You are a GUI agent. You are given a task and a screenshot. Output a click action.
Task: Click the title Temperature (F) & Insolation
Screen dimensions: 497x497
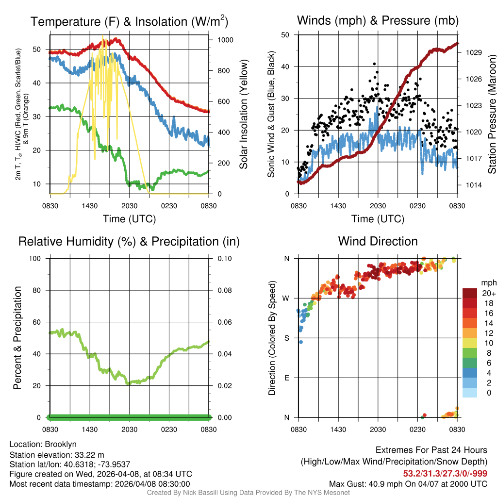point(129,21)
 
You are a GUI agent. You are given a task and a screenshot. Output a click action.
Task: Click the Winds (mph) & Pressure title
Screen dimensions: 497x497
point(378,20)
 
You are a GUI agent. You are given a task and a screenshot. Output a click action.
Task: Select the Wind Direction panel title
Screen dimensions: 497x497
point(378,241)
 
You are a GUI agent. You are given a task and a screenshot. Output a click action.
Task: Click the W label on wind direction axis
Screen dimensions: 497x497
point(286,298)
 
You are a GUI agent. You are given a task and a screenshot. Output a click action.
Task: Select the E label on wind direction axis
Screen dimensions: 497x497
point(286,378)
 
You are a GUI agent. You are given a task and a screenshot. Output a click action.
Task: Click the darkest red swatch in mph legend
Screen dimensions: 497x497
point(470,293)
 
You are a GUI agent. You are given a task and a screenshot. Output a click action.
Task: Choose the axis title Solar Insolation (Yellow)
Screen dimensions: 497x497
point(243,115)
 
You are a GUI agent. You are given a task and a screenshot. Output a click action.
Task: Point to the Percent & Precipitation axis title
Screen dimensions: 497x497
point(17,338)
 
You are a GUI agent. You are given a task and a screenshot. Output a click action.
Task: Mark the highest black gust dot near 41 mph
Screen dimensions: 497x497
point(374,64)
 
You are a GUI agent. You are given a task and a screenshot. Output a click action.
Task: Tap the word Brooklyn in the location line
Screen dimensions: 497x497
point(61,444)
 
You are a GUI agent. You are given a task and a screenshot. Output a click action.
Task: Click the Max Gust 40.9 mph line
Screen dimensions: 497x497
point(408,483)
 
